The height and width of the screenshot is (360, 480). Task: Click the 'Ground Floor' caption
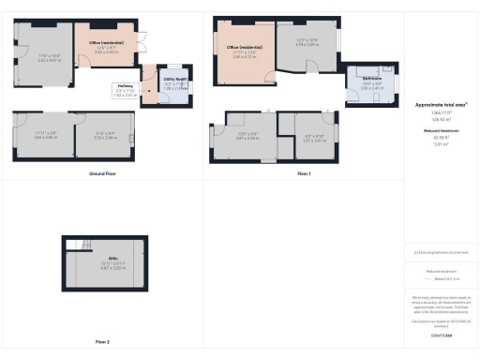[x=101, y=174]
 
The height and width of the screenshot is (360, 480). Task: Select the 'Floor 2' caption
[x=101, y=341]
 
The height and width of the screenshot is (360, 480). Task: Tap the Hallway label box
[x=125, y=91]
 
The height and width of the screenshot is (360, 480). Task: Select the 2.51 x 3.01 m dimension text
[x=315, y=139]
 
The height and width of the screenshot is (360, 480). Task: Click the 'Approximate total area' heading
[x=440, y=104]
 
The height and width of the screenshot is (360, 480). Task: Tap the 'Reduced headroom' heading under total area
[x=440, y=131]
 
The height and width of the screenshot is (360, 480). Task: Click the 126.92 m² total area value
[x=440, y=119]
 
